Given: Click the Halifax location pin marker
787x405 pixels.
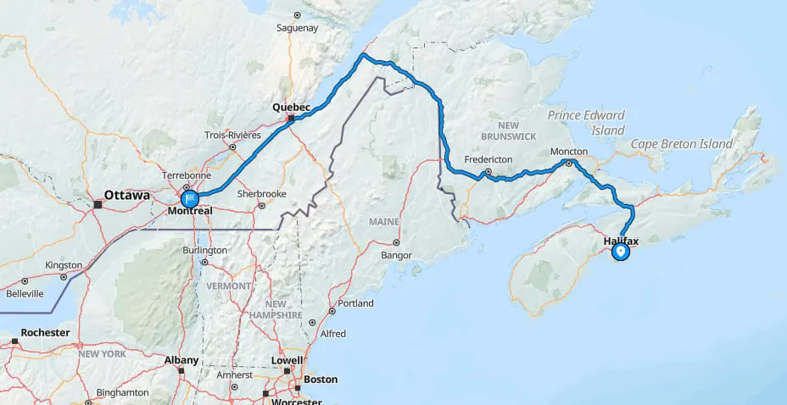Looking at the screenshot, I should click(621, 252).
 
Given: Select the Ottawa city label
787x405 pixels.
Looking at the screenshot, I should click(127, 194).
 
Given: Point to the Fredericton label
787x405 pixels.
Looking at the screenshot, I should click(490, 159).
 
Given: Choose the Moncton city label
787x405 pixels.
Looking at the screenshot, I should click(568, 152).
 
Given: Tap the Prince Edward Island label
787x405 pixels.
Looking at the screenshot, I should click(586, 123).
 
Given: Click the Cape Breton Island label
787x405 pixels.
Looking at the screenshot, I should click(681, 144).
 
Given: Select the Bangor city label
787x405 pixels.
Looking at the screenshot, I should click(396, 255).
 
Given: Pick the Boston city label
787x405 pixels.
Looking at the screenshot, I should click(321, 380).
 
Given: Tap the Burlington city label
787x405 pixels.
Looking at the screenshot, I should click(205, 250).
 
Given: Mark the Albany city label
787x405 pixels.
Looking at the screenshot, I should click(181, 360).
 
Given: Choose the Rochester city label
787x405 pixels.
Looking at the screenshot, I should click(45, 333).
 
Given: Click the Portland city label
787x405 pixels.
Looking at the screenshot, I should click(355, 303).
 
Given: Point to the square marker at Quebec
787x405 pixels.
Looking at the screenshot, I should click(291, 119).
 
